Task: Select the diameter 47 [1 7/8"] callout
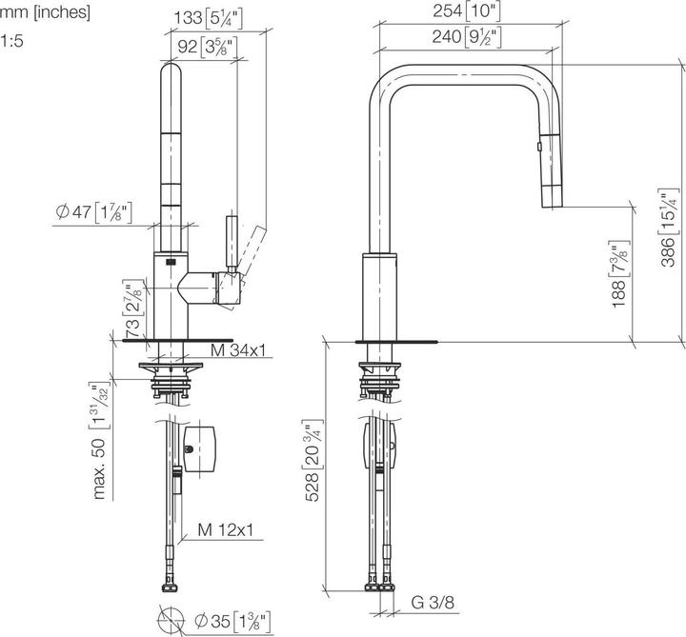coord(92,212)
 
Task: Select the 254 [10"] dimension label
coord(474,12)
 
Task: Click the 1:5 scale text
coord(11,41)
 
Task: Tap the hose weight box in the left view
coord(203,448)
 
